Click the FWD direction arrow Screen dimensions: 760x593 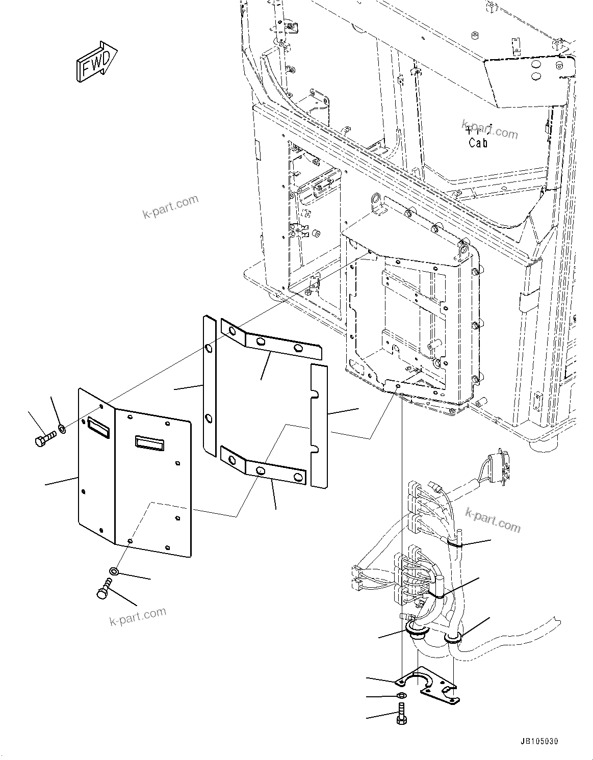(x=96, y=63)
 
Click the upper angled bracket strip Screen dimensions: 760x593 (x=271, y=342)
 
